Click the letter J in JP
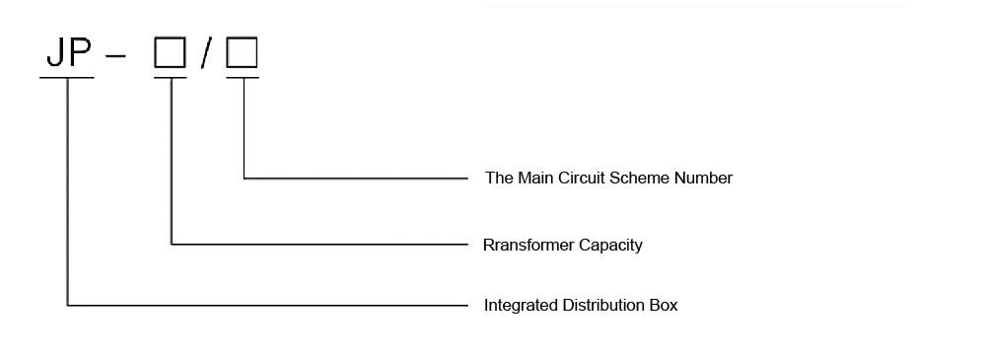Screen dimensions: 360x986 click(52, 53)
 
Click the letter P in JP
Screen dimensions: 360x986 click(79, 53)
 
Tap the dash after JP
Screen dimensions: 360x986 click(115, 55)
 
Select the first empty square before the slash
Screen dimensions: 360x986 click(170, 53)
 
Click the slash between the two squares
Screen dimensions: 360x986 click(205, 54)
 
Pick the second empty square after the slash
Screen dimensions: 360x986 click(242, 53)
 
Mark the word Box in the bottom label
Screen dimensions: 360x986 click(665, 306)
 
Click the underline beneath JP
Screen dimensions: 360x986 click(66, 76)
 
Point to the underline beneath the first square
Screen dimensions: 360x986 click(171, 76)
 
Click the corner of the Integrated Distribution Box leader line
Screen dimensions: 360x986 click(67, 306)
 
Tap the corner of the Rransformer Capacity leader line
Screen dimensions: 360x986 click(172, 244)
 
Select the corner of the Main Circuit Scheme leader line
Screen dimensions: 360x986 click(244, 179)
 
